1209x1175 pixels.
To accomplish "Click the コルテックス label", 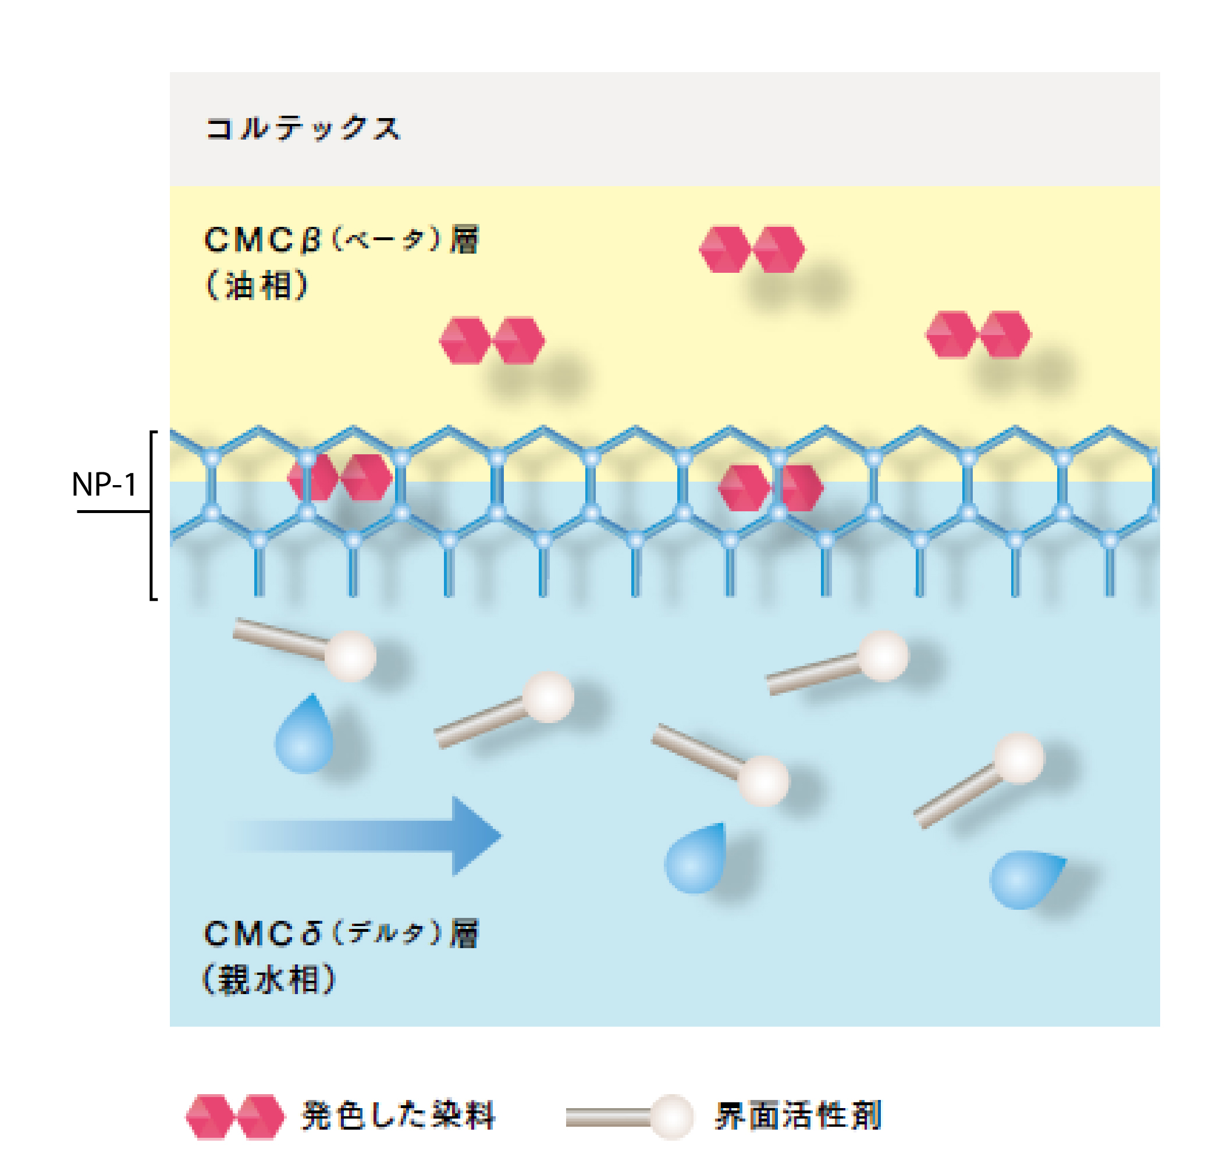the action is (x=303, y=128).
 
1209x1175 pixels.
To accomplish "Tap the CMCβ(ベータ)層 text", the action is (x=341, y=240).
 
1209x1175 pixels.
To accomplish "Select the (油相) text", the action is (x=256, y=284).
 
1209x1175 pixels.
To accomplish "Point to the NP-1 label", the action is (x=104, y=484).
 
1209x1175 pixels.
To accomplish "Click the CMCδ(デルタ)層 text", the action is (x=341, y=933).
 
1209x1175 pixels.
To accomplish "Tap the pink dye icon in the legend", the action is (x=235, y=1116).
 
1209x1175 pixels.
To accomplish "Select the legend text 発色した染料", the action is (x=398, y=1116).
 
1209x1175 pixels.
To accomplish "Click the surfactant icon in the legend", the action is (x=630, y=1116).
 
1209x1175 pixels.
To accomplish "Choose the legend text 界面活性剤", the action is (x=798, y=1116).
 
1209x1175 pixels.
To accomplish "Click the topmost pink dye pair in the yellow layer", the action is (x=752, y=250).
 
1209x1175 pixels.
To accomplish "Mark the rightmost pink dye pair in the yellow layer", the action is (x=978, y=334).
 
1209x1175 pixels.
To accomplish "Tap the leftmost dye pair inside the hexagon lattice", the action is (x=340, y=477).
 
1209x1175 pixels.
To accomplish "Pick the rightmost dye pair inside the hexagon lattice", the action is (x=771, y=487).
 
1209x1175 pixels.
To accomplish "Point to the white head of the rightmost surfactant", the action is (x=1019, y=759).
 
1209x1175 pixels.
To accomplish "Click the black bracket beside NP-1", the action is (x=151, y=515).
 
